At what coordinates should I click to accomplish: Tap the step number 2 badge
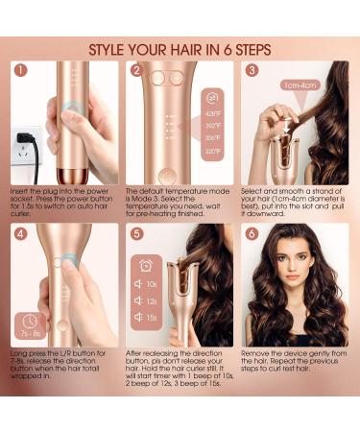click(137, 71)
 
